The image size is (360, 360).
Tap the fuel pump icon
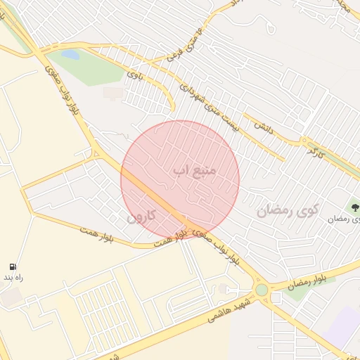13,266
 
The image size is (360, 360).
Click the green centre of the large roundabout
262,290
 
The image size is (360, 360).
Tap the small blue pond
70,54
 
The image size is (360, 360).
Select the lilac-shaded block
345,327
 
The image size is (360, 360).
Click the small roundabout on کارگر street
304,140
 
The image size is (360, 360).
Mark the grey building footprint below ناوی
112,93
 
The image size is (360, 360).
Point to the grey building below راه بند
11,297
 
